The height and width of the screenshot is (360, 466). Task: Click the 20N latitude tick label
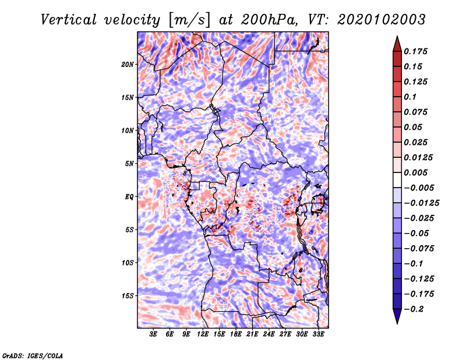click(128, 64)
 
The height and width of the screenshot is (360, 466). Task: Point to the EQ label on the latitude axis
click(129, 197)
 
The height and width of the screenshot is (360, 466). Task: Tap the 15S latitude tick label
click(128, 296)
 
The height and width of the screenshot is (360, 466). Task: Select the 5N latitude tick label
click(129, 164)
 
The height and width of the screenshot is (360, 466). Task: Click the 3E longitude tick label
click(153, 334)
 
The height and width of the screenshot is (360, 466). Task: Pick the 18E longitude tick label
click(236, 334)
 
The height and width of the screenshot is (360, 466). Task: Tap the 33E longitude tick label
click(318, 334)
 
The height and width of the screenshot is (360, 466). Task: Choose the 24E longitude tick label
click(269, 334)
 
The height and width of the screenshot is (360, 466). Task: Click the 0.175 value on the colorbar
click(415, 51)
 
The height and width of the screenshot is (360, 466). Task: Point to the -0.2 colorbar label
click(414, 309)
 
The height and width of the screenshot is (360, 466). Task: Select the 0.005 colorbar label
click(415, 172)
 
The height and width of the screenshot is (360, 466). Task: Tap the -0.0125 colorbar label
click(421, 203)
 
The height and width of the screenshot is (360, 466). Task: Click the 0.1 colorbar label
click(410, 97)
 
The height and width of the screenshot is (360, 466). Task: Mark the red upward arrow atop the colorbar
click(397, 44)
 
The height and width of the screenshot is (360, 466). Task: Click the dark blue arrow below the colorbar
click(397, 316)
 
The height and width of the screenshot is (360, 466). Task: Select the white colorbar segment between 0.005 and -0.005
click(397, 180)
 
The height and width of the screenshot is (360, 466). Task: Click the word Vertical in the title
click(69, 20)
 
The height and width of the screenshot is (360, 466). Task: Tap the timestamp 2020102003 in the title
click(382, 20)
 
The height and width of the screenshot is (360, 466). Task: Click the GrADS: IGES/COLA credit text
click(33, 355)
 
